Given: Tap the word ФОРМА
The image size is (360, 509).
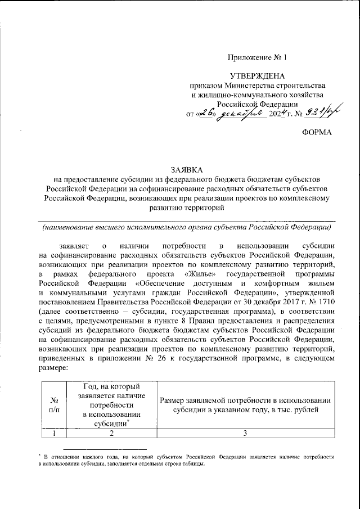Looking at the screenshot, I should coord(317,132).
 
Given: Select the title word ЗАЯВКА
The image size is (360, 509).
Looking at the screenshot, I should coord(186,169).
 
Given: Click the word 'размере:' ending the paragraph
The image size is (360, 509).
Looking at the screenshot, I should coord(53,369).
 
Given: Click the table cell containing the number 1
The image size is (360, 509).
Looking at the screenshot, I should coord(55,434).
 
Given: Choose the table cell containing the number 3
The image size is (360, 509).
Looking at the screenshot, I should coord(245,434).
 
